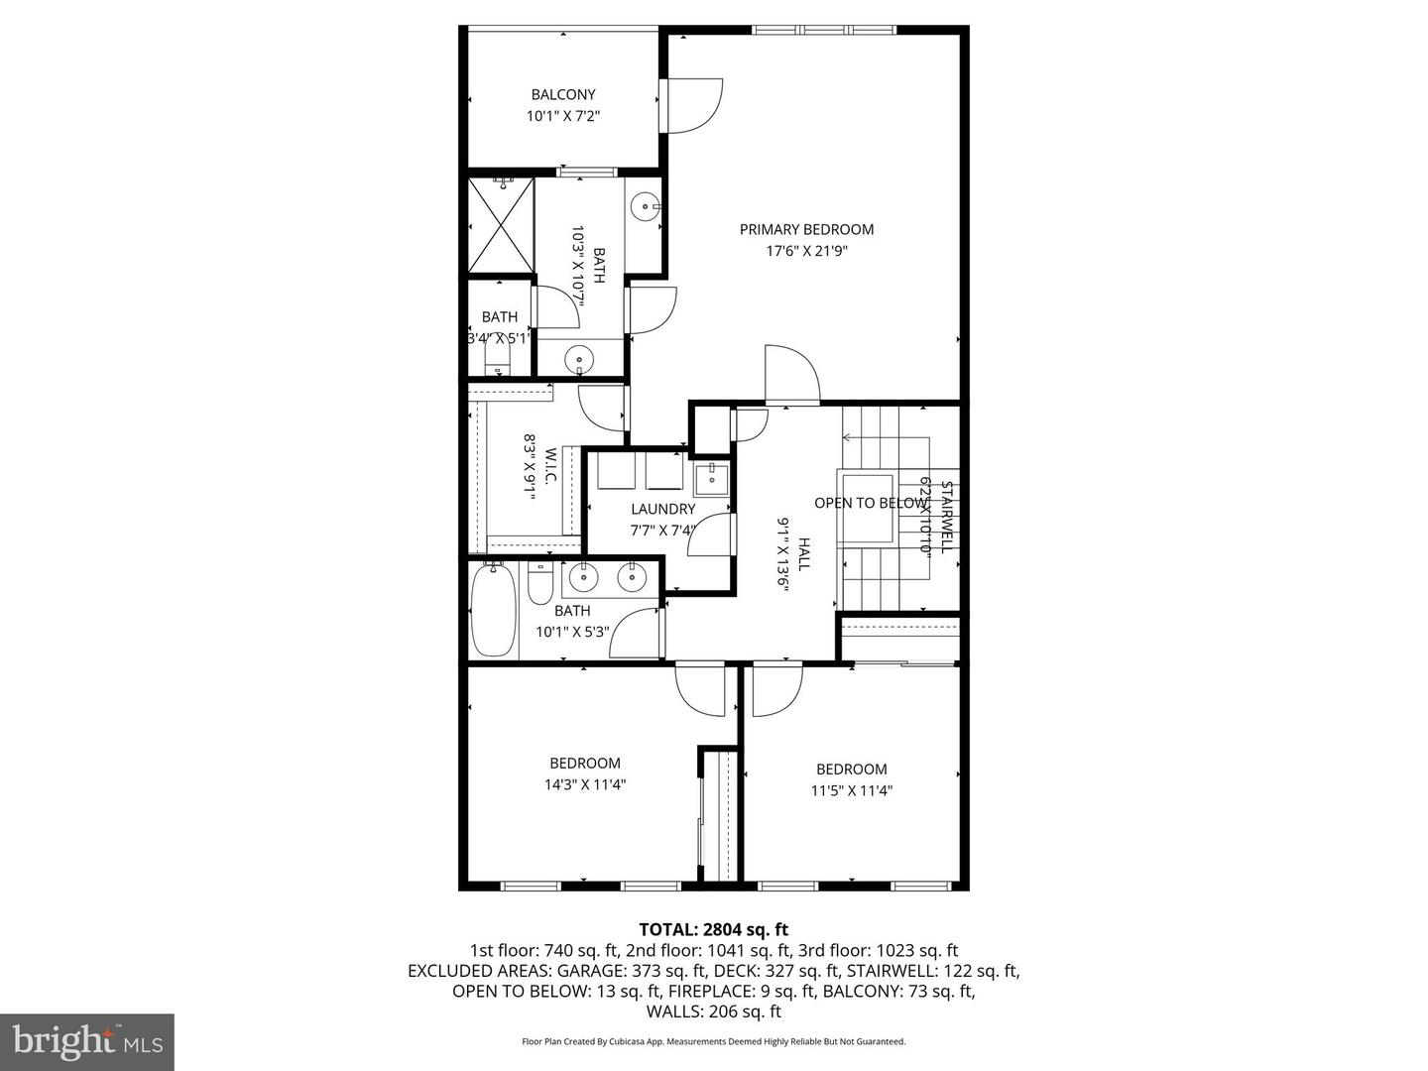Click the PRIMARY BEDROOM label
coord(806,229)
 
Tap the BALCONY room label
coord(563,94)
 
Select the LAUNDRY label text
coord(662,509)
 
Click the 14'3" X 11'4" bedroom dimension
coord(585,784)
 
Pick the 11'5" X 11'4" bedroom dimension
coord(851,790)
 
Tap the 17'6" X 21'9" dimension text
coord(806,251)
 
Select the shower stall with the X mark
coord(501,224)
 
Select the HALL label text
coord(804,553)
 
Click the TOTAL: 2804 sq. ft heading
coord(713,929)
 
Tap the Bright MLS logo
coord(87,1041)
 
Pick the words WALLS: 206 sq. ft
coord(713,1011)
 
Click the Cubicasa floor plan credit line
coord(713,1041)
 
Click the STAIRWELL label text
coord(946,517)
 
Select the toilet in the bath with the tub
coord(539,584)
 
